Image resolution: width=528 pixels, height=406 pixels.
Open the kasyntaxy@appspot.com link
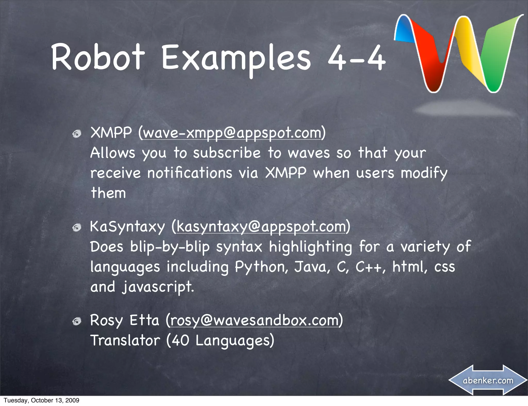pyautogui.click(x=261, y=227)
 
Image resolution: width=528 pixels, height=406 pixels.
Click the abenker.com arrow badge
pyautogui.click(x=488, y=380)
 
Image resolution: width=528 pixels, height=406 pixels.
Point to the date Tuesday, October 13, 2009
pyautogui.click(x=42, y=400)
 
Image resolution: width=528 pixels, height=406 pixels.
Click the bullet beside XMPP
pyautogui.click(x=77, y=134)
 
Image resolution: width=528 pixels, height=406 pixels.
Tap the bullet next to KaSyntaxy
pyautogui.click(x=77, y=227)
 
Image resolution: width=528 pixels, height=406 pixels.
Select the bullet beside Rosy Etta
pyautogui.click(x=77, y=321)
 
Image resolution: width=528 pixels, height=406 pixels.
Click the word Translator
pyautogui.click(x=125, y=340)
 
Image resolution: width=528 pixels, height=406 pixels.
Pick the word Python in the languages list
pyautogui.click(x=261, y=267)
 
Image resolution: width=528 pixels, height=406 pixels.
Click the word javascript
pyautogui.click(x=158, y=287)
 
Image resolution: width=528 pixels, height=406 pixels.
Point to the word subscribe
pyautogui.click(x=227, y=153)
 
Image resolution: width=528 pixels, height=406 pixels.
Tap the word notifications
pyautogui.click(x=190, y=173)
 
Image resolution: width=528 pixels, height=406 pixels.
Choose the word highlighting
pyautogui.click(x=310, y=247)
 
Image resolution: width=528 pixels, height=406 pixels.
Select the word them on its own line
pyautogui.click(x=109, y=193)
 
